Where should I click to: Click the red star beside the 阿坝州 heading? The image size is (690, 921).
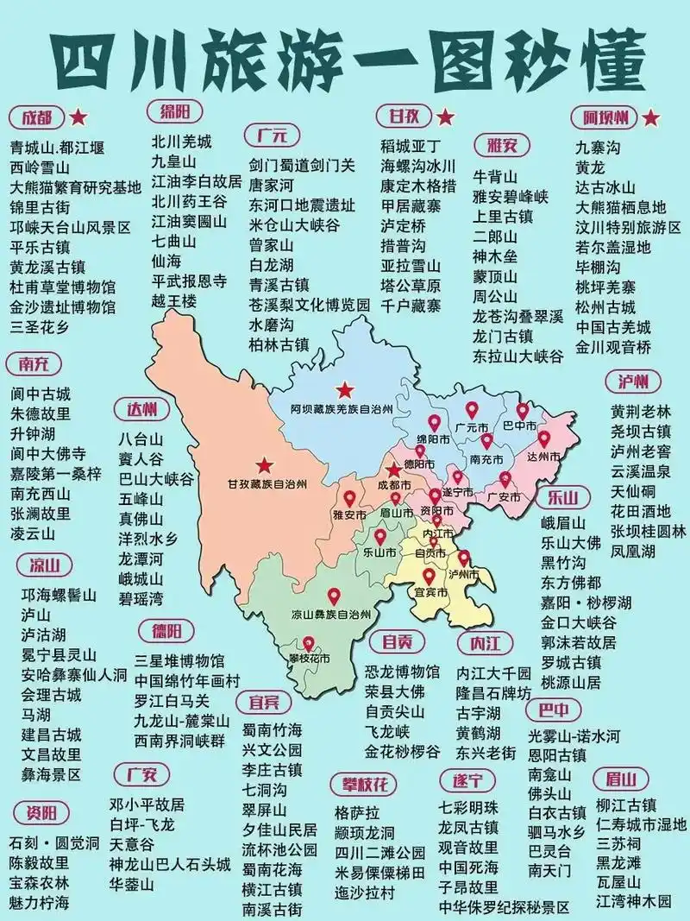[651, 117]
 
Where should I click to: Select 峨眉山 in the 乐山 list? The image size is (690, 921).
[563, 523]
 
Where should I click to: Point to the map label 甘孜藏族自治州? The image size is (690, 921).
[267, 484]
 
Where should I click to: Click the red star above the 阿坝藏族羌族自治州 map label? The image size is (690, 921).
[346, 389]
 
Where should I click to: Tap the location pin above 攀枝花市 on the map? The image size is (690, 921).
[308, 644]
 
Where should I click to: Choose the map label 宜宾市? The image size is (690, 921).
[429, 593]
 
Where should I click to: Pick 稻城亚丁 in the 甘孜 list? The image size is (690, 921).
[411, 146]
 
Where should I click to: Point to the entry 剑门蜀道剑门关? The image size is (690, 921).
[301, 165]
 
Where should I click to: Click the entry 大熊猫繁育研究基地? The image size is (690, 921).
[75, 187]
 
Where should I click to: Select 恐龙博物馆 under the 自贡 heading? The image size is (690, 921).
[402, 672]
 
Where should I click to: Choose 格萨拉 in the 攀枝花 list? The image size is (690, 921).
[356, 814]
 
